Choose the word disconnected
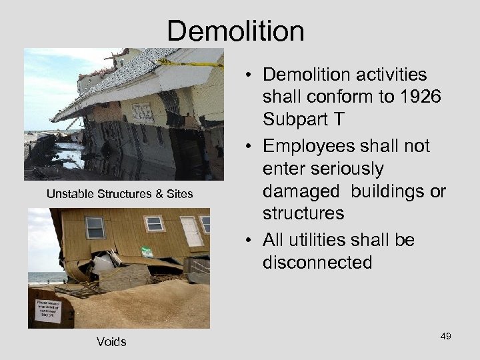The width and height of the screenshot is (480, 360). [317, 262]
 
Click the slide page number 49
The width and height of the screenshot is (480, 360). [445, 336]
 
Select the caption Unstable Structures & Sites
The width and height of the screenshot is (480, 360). [119, 194]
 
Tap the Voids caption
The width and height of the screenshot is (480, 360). [111, 342]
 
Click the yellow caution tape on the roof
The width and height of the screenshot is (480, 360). [190, 63]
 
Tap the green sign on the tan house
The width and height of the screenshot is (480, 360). [147, 253]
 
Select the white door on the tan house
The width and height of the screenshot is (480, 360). [191, 231]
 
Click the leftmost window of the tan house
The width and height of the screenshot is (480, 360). [95, 228]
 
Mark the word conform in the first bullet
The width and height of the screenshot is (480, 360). [334, 97]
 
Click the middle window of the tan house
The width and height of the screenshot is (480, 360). [155, 223]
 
